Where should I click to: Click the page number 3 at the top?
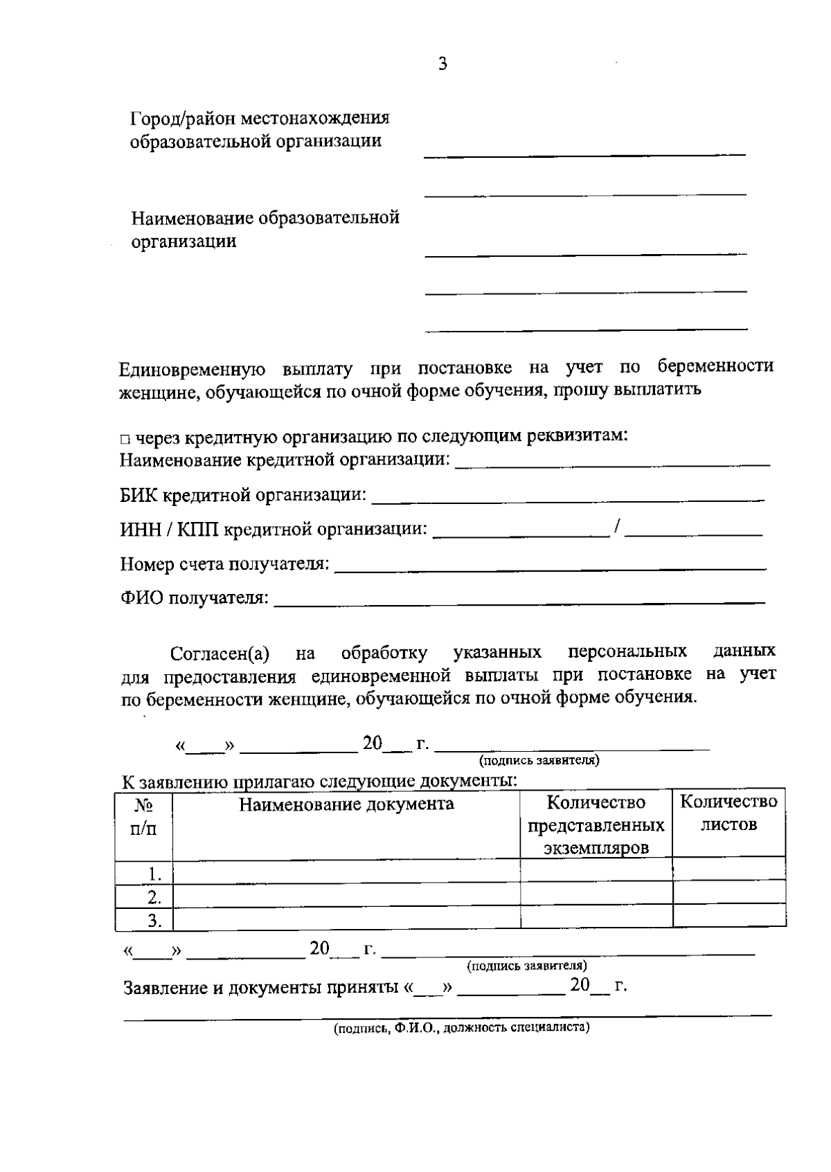(443, 64)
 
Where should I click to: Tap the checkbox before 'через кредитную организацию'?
(124, 439)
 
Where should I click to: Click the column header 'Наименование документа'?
(346, 804)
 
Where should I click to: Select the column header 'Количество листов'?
(729, 813)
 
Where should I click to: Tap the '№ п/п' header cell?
(143, 817)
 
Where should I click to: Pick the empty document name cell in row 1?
(346, 872)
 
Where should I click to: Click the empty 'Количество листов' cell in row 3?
(729, 917)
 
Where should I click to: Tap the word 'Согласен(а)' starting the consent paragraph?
(220, 654)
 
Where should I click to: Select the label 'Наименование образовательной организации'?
(265, 229)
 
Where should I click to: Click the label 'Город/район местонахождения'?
(260, 118)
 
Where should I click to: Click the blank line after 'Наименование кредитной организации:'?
(612, 462)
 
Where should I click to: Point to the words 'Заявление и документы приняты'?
(260, 988)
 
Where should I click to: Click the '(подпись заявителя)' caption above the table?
(539, 761)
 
